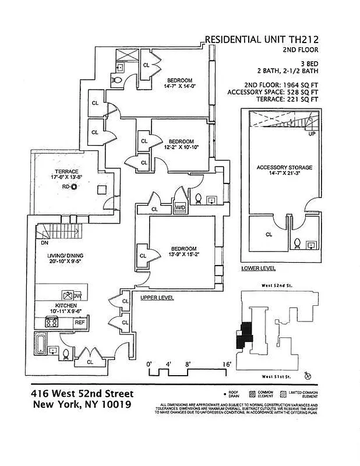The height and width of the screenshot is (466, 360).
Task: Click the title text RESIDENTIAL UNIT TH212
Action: click(262, 40)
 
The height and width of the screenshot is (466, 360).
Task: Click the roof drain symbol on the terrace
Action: click(73, 188)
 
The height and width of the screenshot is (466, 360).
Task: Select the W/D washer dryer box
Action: click(180, 207)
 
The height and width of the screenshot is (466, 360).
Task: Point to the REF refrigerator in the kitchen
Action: click(79, 322)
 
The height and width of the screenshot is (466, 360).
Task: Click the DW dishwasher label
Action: click(77, 296)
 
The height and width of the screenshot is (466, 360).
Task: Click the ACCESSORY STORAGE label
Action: click(284, 168)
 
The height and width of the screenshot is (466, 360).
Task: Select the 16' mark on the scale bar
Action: click(226, 365)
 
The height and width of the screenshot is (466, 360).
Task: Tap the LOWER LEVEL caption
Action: click(258, 269)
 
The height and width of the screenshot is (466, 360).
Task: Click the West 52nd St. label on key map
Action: click(276, 288)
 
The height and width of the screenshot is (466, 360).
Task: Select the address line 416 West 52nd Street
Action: click(82, 394)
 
